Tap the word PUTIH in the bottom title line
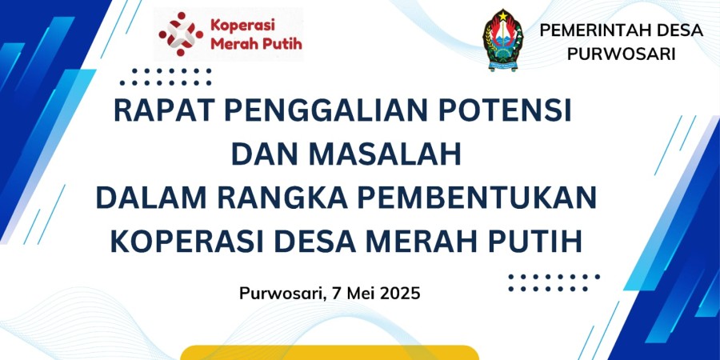(535, 242)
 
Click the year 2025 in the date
(402, 293)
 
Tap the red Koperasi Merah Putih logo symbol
(181, 34)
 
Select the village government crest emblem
(503, 41)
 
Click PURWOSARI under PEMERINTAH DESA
(622, 54)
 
